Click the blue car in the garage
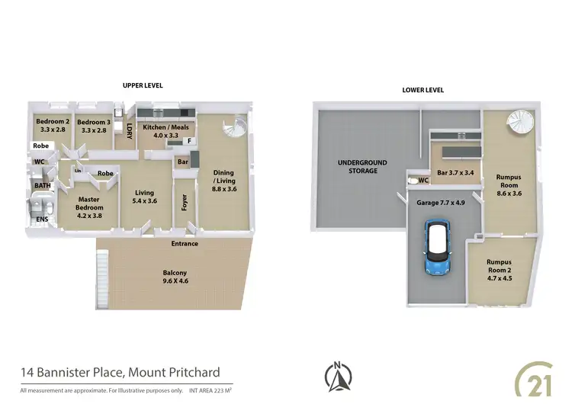coord(437,247)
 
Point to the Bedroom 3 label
coord(93,126)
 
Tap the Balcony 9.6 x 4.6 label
coord(175,277)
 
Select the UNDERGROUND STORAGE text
coord(363,167)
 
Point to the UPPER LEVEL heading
coord(143,85)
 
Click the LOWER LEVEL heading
coord(423,90)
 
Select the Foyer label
coord(182,202)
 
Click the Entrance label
coord(184,244)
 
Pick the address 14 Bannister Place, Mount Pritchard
coord(120,373)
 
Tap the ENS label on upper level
coord(40,220)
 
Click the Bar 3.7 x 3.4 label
coord(455,173)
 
